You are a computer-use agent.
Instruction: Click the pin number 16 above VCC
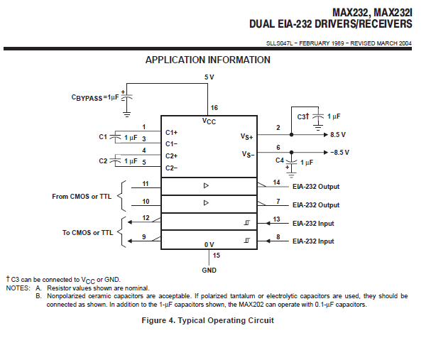pos(214,108)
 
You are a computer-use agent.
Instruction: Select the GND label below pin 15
pos(209,270)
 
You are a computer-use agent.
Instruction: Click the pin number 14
pos(278,182)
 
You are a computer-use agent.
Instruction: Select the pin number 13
pos(278,219)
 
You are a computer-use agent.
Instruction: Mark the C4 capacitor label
pos(280,160)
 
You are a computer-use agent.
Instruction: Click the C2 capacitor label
pos(103,161)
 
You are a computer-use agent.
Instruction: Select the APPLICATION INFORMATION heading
pos(207,60)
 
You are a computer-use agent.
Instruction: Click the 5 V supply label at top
pos(209,76)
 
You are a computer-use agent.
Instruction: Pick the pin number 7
pos(278,200)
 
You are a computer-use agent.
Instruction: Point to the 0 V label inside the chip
pos(209,244)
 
